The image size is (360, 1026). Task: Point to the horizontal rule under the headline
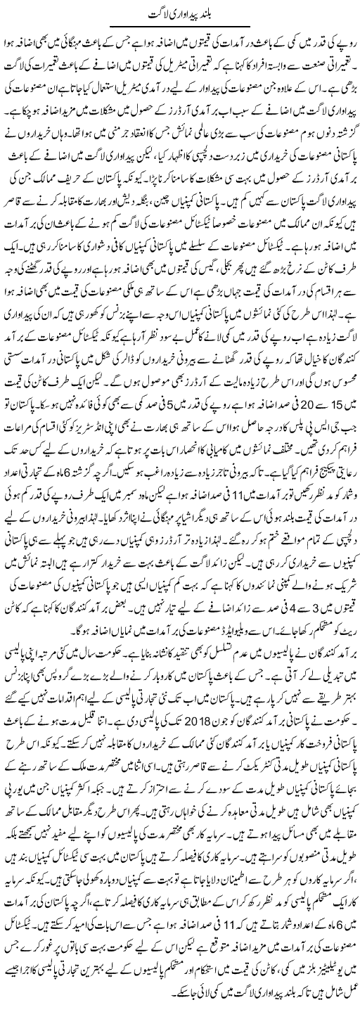point(180,31)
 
